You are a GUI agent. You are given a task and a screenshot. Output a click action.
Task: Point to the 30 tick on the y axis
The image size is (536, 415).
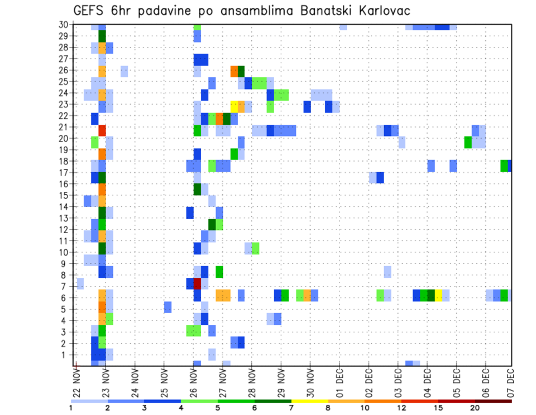pyautogui.click(x=63, y=25)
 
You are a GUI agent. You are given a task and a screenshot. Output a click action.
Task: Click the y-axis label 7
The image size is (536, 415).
pyautogui.click(x=65, y=286)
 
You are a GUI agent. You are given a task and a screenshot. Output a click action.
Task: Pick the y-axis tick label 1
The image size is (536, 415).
pyautogui.click(x=65, y=355)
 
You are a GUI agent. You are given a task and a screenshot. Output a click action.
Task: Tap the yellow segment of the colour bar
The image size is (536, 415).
pyautogui.click(x=309, y=401)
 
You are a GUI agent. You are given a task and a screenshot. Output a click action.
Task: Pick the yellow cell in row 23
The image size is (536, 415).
pyautogui.click(x=234, y=106)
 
